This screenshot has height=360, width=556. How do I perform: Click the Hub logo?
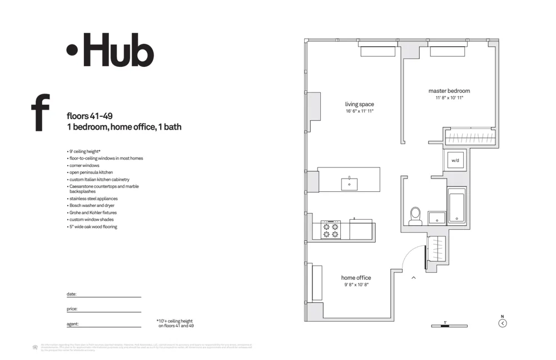pyautogui.click(x=110, y=50)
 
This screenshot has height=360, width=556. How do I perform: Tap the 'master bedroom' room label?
pyautogui.click(x=449, y=91)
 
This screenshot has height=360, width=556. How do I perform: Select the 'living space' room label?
pyautogui.click(x=359, y=104)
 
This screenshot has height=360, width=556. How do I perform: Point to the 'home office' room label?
pyautogui.click(x=356, y=278)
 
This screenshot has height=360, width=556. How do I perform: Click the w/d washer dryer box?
pyautogui.click(x=455, y=161)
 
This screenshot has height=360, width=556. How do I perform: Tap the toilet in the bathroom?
pyautogui.click(x=415, y=216)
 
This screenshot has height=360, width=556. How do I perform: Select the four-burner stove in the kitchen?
pyautogui.click(x=331, y=229)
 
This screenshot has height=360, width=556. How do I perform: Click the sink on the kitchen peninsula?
pyautogui.click(x=349, y=184)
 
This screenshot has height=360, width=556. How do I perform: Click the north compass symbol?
pyautogui.click(x=503, y=322)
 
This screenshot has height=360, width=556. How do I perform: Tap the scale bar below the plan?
pyautogui.click(x=449, y=326)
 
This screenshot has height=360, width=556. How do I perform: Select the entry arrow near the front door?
pyautogui.click(x=414, y=277)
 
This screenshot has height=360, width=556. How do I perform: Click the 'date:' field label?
pyautogui.click(x=71, y=294)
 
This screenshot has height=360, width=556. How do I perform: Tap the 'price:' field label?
pyautogui.click(x=72, y=308)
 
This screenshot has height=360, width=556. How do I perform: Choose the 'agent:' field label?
pyautogui.click(x=72, y=323)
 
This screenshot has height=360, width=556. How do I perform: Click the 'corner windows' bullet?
pyautogui.click(x=84, y=165)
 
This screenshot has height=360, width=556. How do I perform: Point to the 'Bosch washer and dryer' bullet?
pyautogui.click(x=92, y=205)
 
